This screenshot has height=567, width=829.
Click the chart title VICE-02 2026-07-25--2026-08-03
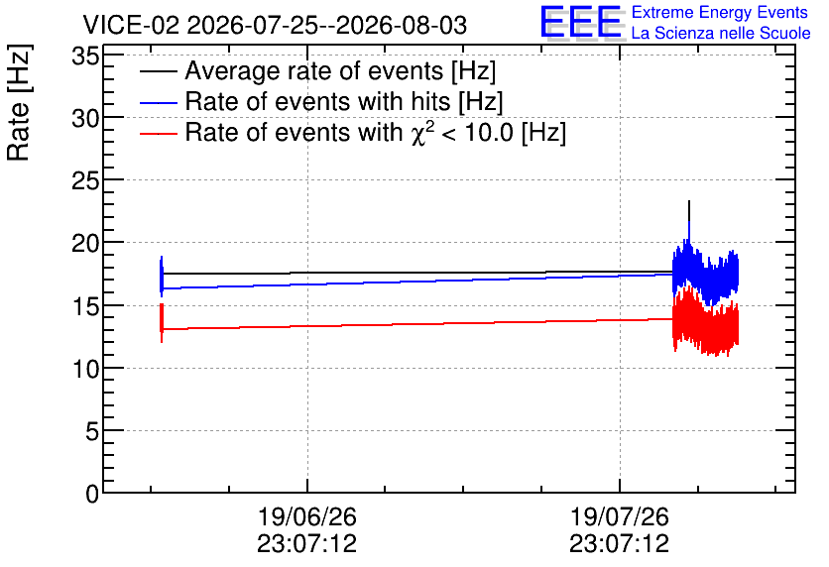275,25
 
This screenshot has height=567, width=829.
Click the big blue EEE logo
581,23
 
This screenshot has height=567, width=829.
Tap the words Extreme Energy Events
720,12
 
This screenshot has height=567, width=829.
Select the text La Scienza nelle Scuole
721,33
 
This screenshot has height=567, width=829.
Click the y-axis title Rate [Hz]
19,102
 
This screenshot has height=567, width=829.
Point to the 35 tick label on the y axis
85,56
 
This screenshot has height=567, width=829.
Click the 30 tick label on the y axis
85,118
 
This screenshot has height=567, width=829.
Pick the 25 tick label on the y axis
85,181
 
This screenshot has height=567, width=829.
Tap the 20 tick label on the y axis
85,244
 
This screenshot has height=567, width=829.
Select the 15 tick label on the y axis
85,306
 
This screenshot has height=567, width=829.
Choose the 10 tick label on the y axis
85,370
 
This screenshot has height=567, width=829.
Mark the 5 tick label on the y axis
92,432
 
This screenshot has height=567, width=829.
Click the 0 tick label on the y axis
92,495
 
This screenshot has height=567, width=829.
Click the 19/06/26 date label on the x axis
307,530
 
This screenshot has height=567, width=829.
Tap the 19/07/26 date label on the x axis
619,530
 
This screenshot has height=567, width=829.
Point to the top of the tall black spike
689,201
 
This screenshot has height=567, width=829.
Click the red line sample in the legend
159,134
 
